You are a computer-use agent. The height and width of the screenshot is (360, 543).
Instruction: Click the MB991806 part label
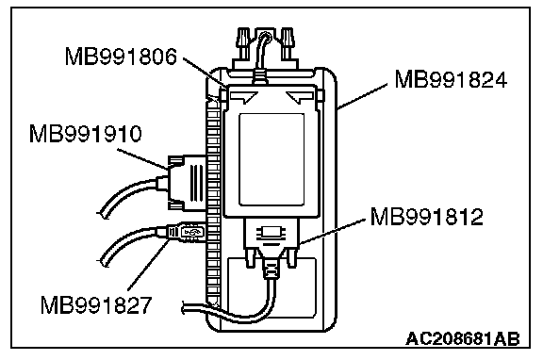(121, 57)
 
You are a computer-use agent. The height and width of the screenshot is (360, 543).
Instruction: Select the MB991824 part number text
(451, 79)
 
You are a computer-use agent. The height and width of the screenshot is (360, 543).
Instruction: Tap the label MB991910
(86, 134)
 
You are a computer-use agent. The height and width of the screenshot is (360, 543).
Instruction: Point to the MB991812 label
(426, 217)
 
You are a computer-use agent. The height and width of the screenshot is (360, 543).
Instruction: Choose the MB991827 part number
(96, 305)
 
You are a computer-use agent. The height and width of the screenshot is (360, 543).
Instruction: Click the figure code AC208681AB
(463, 339)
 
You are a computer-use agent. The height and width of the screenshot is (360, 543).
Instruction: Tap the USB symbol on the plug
(192, 232)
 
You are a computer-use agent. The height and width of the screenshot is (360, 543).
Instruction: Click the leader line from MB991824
(362, 96)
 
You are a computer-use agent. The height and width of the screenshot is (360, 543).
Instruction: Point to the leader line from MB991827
(148, 266)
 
